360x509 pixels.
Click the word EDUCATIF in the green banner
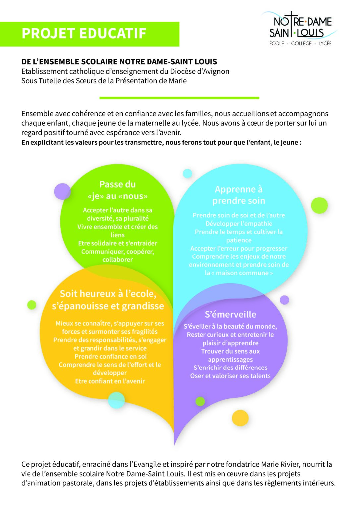[112, 33]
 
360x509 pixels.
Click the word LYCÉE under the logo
[325, 43]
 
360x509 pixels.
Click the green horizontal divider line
[179, 98]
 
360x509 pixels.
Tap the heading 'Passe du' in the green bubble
[117, 184]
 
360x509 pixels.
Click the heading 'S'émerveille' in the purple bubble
[230, 314]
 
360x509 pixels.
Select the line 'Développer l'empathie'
[239, 224]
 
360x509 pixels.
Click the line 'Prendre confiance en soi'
[110, 356]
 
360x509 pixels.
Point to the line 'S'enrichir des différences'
[230, 368]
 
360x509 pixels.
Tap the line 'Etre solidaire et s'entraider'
[117, 243]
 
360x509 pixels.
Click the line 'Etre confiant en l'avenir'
[110, 381]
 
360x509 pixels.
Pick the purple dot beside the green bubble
[62, 191]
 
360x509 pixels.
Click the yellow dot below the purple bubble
[240, 418]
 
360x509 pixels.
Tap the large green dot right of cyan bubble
[319, 205]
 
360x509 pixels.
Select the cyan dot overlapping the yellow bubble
[116, 400]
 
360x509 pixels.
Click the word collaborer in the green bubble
[117, 260]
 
